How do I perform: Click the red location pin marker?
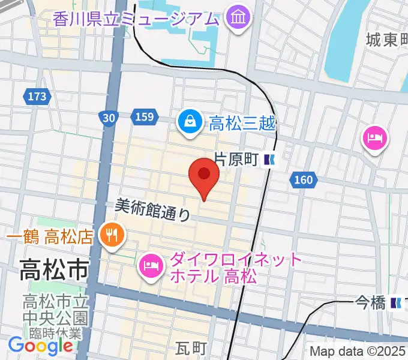tap(204, 175)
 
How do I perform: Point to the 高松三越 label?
tap(242, 124)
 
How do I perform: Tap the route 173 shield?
tap(36, 95)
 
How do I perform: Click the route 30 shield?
tap(108, 118)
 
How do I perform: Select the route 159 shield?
tap(144, 117)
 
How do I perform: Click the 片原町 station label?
tap(236, 159)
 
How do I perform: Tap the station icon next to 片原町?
tap(271, 160)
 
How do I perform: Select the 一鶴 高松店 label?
tap(50, 236)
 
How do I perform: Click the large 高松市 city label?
tap(54, 269)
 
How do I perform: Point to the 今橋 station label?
tap(370, 303)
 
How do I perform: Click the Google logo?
tap(40, 346)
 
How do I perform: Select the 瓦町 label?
tap(191, 349)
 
